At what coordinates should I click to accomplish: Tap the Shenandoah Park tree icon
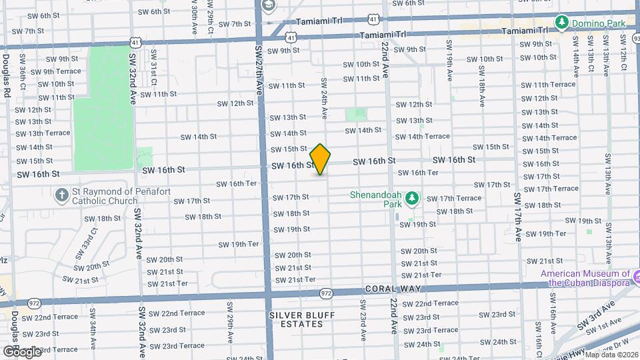tap(412, 198)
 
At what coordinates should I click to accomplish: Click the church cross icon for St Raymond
tap(61, 195)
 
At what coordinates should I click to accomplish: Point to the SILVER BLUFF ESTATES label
tap(297, 319)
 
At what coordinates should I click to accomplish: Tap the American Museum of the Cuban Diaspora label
tap(585, 278)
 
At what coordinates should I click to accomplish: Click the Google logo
tap(22, 351)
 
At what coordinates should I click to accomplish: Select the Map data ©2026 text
tap(611, 354)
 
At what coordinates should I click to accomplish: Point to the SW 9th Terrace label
tap(55, 71)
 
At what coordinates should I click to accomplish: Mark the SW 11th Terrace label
tap(548, 85)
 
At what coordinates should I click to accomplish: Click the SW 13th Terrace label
tap(43, 133)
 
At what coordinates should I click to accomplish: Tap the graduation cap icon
tap(269, 7)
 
